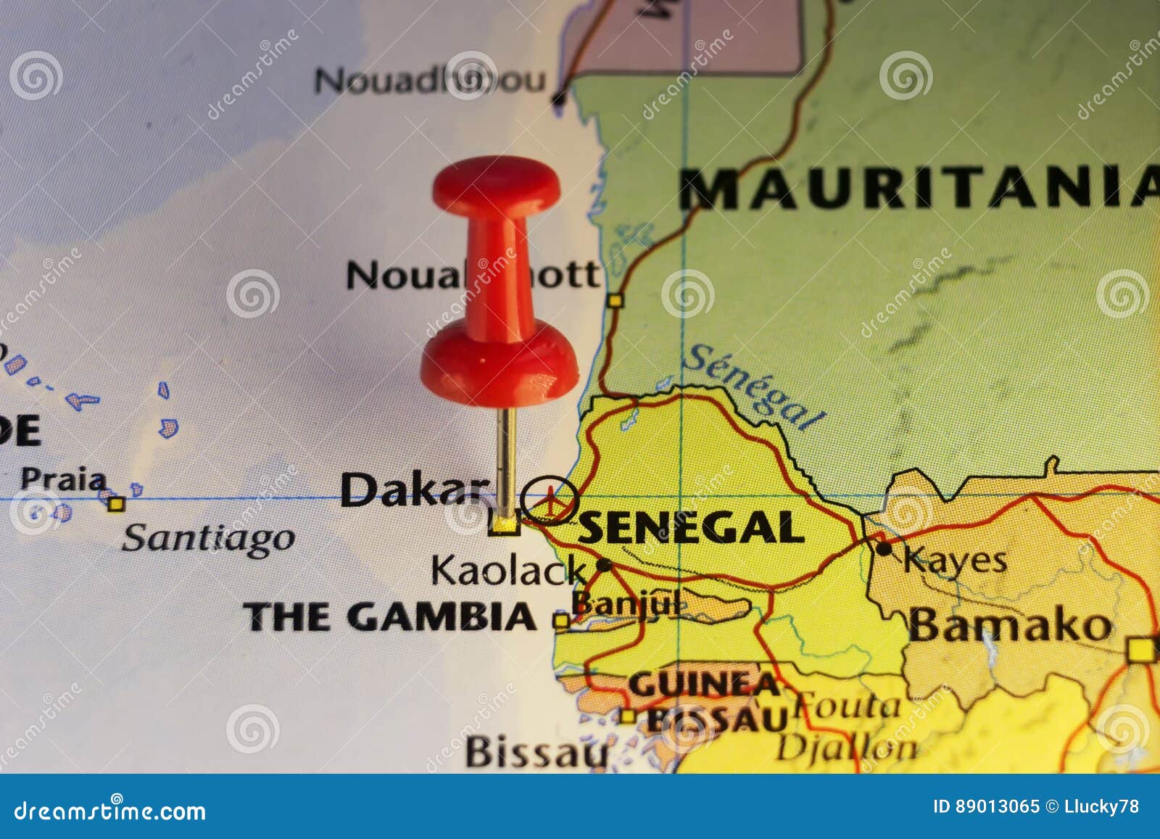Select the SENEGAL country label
click(691, 527)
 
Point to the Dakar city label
click(414, 490)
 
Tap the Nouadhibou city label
click(429, 80)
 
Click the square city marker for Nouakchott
click(616, 299)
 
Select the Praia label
click(63, 479)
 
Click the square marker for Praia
click(116, 503)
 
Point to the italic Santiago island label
click(208, 539)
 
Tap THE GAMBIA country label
click(390, 617)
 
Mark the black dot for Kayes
click(883, 548)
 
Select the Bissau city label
click(536, 752)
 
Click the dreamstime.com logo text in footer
click(110, 810)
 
